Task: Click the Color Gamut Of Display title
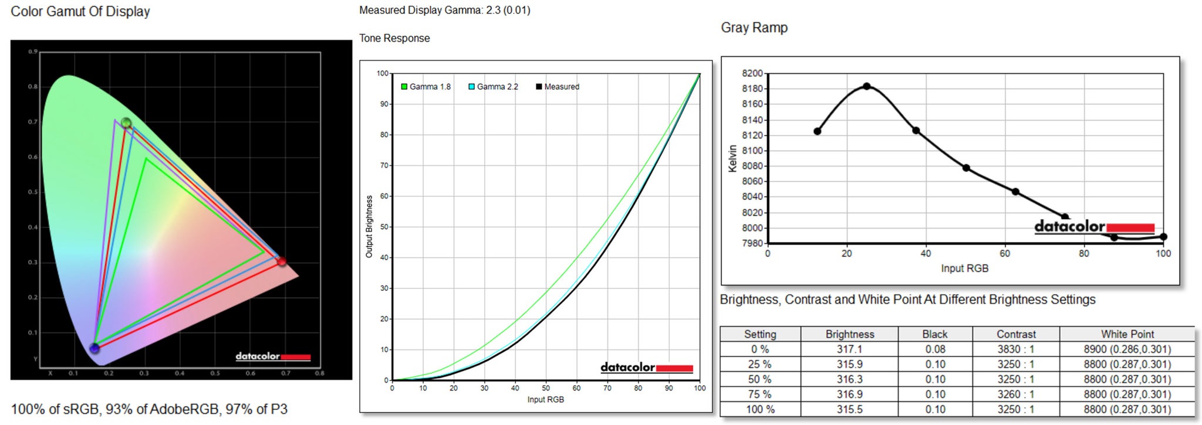[x=80, y=12]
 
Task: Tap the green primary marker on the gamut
[x=126, y=123]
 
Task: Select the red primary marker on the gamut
[x=282, y=261]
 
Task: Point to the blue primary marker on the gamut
[x=94, y=348]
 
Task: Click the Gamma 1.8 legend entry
[x=426, y=87]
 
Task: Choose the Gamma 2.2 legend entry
[x=494, y=87]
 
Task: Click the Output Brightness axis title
[x=369, y=226]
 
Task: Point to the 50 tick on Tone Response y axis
[x=384, y=227]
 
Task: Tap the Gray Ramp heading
[x=754, y=28]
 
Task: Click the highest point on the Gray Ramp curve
[x=866, y=86]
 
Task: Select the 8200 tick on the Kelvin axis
[x=752, y=73]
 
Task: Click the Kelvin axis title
[x=732, y=158]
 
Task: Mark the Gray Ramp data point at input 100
[x=1163, y=237]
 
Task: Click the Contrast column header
[x=1016, y=334]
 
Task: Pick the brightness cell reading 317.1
[x=849, y=349]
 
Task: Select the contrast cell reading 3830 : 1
[x=1016, y=349]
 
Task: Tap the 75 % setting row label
[x=760, y=395]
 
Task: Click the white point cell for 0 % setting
[x=1127, y=349]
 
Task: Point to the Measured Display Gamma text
[x=444, y=11]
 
